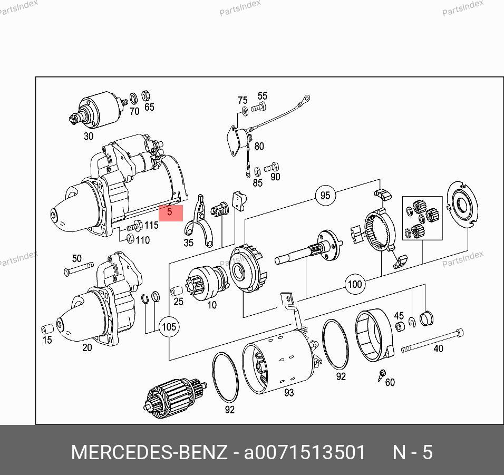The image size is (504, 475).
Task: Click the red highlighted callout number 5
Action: pyautogui.click(x=171, y=213)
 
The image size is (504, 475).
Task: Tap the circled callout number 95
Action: pyautogui.click(x=325, y=195)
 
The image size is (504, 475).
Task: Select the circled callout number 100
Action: pyautogui.click(x=355, y=284)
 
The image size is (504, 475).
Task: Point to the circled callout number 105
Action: pyautogui.click(x=169, y=327)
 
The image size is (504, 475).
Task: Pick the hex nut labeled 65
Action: pyautogui.click(x=146, y=95)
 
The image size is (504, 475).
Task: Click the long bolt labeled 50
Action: pyautogui.click(x=79, y=268)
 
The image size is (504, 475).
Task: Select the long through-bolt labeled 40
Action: pyautogui.click(x=432, y=341)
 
